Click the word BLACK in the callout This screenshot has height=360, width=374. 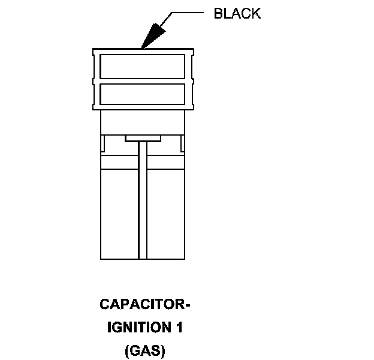(x=237, y=14)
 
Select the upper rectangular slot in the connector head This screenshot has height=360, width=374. (x=142, y=66)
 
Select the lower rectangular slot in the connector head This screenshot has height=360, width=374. (x=142, y=93)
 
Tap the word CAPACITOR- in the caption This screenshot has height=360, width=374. (x=145, y=305)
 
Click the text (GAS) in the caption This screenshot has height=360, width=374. (x=144, y=350)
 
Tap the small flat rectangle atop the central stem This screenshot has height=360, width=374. (x=143, y=139)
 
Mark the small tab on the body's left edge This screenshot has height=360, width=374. (x=102, y=144)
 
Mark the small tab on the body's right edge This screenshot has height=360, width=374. (x=182, y=144)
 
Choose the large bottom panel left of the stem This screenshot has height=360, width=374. (x=119, y=213)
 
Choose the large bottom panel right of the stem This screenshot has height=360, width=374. (x=165, y=213)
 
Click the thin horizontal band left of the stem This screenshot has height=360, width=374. (x=119, y=163)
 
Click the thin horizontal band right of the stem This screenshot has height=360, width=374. (x=165, y=163)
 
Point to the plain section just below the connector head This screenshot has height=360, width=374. (x=142, y=122)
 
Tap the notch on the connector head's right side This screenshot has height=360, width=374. (x=191, y=79)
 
